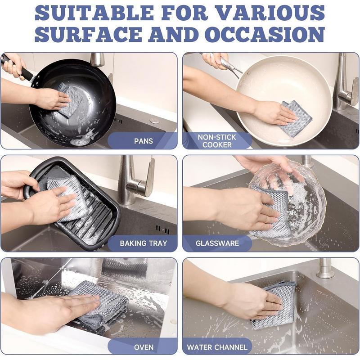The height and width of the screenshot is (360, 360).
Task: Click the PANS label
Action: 143,141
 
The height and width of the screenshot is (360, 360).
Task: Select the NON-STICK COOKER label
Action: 217,140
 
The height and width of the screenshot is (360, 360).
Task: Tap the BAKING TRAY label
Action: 143,243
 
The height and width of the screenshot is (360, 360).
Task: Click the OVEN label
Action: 144,347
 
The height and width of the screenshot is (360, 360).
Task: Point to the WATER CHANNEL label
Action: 217,347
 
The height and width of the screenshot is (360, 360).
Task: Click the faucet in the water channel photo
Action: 325,269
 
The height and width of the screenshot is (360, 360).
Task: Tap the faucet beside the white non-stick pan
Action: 344,85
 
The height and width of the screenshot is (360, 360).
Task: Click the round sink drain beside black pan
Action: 154,121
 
